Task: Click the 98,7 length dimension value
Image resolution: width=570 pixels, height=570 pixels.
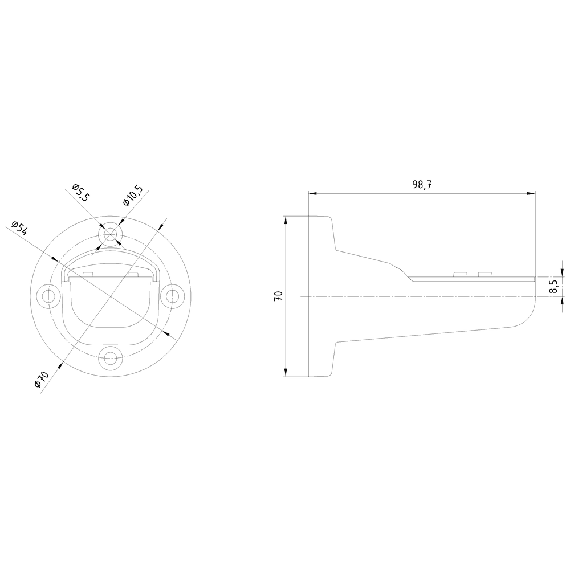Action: (x=422, y=185)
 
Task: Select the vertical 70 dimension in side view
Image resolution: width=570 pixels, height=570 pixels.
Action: (x=278, y=296)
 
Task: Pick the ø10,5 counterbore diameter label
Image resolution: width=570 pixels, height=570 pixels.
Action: (x=132, y=196)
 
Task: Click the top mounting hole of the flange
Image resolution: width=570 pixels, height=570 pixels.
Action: (x=111, y=234)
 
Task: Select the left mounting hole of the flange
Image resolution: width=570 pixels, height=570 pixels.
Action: (x=48, y=296)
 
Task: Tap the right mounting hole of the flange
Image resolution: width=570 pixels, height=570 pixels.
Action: (x=172, y=296)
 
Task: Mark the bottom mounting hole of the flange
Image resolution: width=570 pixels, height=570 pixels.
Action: (x=110, y=357)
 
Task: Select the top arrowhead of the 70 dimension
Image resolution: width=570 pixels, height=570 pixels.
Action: (x=285, y=219)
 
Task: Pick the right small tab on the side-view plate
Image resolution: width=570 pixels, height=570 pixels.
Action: (x=484, y=275)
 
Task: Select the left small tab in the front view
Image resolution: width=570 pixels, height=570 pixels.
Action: (x=88, y=275)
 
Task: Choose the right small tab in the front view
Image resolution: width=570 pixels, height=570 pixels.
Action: (x=133, y=275)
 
